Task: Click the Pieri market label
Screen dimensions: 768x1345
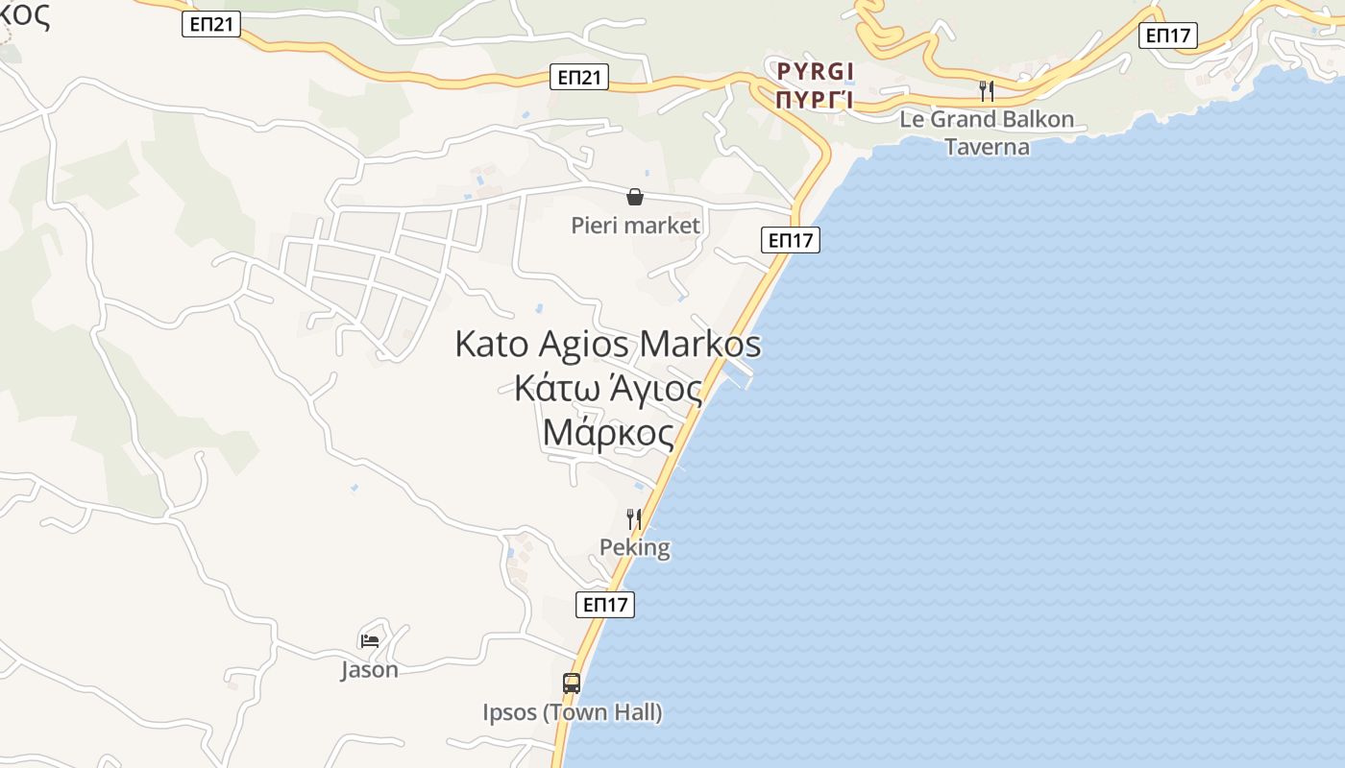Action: pyautogui.click(x=635, y=226)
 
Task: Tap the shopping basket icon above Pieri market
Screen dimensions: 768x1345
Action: pyautogui.click(x=635, y=198)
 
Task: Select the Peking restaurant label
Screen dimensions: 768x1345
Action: pyautogui.click(x=634, y=547)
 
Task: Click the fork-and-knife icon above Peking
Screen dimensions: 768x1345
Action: pyautogui.click(x=634, y=519)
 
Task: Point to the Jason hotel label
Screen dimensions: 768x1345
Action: pyautogui.click(x=369, y=669)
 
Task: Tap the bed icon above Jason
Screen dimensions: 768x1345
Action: pyautogui.click(x=369, y=640)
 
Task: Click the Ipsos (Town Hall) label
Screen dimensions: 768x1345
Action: pyautogui.click(x=572, y=712)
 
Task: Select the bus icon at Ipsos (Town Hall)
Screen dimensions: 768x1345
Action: pyautogui.click(x=572, y=684)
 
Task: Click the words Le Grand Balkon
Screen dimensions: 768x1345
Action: pyautogui.click(x=987, y=121)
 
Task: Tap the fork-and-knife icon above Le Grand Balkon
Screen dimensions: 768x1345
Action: pyautogui.click(x=986, y=91)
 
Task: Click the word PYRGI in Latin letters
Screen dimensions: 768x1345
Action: pyautogui.click(x=816, y=71)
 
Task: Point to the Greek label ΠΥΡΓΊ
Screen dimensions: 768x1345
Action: pyautogui.click(x=816, y=99)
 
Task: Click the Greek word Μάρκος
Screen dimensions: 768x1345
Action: pyautogui.click(x=608, y=433)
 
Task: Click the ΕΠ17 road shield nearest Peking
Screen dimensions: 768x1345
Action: pyautogui.click(x=606, y=605)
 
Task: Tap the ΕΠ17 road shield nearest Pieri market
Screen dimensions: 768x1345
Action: pyautogui.click(x=792, y=240)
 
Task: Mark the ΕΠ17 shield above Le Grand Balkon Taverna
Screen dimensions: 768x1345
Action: pyautogui.click(x=1168, y=36)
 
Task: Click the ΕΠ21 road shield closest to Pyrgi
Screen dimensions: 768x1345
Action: pyautogui.click(x=580, y=78)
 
